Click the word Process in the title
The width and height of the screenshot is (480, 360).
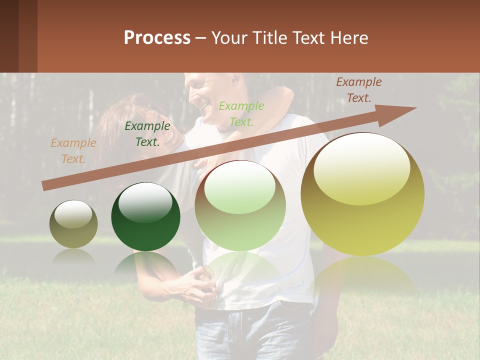click(157, 38)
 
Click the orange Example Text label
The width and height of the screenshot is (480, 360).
click(73, 151)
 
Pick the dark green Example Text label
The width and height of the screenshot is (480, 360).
click(147, 134)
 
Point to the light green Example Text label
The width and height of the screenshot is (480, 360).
click(241, 114)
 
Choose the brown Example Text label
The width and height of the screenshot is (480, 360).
click(358, 90)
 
